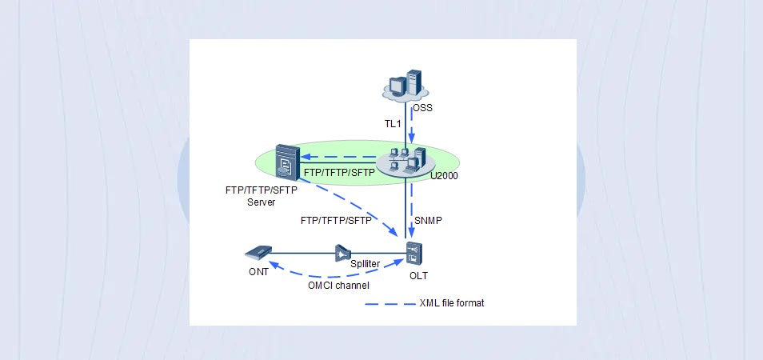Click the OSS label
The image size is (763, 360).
click(423, 106)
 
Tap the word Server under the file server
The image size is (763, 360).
click(262, 203)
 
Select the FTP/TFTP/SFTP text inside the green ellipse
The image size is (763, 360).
click(340, 172)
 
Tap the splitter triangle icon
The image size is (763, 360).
click(343, 254)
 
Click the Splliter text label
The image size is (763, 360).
click(365, 264)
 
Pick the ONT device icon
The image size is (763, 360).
click(259, 254)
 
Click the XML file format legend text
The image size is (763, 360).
click(452, 303)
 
